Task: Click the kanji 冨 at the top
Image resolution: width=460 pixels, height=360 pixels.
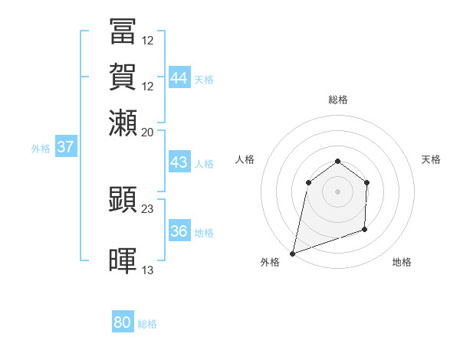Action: pos(123,32)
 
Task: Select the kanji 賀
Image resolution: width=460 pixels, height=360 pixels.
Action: pos(123,77)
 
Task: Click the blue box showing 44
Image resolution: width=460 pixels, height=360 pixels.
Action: pos(179,78)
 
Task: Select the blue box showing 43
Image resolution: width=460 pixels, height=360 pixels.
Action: pos(179,162)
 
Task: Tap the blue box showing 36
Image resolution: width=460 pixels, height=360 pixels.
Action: pos(179,231)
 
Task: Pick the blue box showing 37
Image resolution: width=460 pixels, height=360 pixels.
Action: pos(66,147)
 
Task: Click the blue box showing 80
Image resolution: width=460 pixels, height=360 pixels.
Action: pos(123,322)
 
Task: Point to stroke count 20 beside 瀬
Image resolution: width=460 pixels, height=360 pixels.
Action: pos(148,131)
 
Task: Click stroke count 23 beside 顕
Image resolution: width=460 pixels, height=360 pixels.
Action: pos(148,208)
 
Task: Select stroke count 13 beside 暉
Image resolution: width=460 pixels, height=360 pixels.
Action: pos(148,270)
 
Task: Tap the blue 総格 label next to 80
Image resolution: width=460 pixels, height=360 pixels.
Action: pos(148,324)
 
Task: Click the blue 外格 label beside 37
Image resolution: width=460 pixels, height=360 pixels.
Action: pos(41,149)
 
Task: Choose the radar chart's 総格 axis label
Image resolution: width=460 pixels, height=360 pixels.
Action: pos(338,100)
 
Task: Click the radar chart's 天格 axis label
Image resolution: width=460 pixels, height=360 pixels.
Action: pos(431,159)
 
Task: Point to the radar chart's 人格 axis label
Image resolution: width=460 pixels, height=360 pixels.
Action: pos(245,159)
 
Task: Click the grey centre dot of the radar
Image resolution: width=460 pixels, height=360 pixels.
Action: pos(338,191)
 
